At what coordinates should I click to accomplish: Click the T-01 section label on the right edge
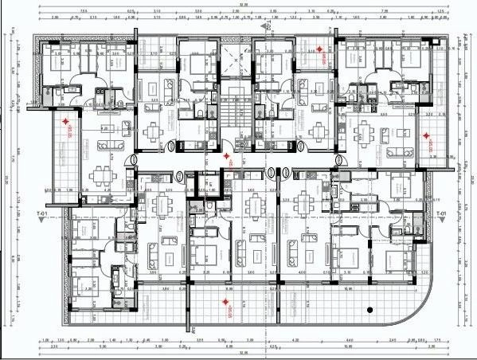tap(440, 214)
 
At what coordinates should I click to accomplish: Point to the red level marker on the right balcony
tap(427, 143)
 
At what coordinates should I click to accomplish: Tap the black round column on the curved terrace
tap(369, 308)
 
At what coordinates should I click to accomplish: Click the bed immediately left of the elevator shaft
tap(194, 64)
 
